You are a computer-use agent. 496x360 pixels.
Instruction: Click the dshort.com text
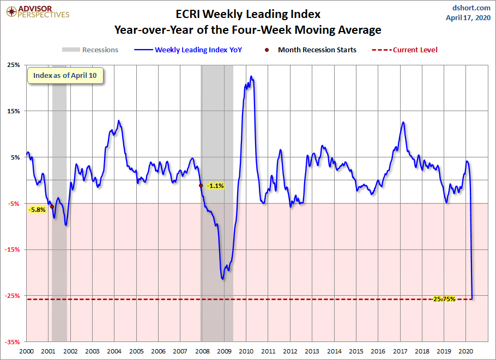(x=472, y=8)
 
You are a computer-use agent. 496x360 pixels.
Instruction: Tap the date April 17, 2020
(x=468, y=17)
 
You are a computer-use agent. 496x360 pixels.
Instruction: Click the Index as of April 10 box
(x=65, y=76)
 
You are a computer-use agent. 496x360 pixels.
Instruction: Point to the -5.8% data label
(x=38, y=209)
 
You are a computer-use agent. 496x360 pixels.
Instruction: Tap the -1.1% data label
(x=216, y=186)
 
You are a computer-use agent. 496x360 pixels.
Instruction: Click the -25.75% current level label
(x=444, y=299)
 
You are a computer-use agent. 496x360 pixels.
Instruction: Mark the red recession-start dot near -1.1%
(x=201, y=186)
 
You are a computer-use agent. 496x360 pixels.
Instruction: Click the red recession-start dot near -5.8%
(x=52, y=207)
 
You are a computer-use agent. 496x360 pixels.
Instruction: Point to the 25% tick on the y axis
(x=13, y=65)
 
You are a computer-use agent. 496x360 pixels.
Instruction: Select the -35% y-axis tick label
(x=11, y=342)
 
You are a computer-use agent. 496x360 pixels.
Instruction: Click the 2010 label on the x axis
(x=245, y=351)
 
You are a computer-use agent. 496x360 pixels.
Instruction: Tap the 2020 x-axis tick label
(x=465, y=351)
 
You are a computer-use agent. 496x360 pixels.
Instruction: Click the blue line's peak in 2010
(x=251, y=76)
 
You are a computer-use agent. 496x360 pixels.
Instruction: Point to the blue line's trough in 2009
(x=222, y=279)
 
